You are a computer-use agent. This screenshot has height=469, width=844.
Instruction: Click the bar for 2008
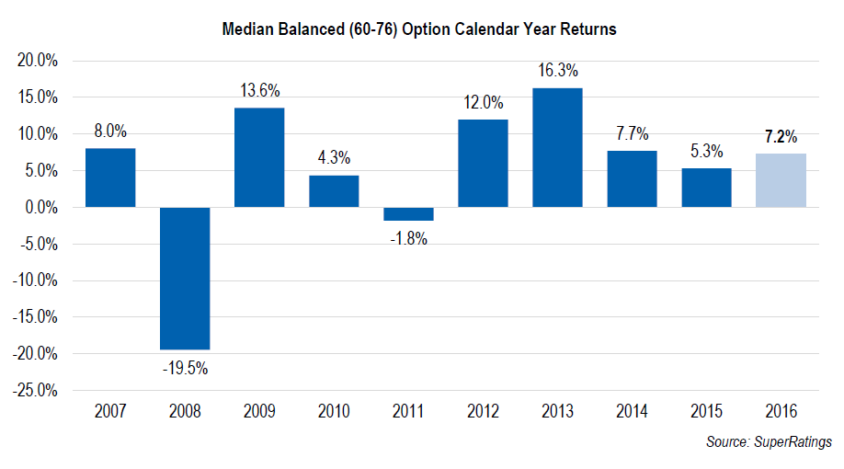tap(185, 279)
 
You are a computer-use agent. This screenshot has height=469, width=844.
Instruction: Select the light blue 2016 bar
tap(781, 180)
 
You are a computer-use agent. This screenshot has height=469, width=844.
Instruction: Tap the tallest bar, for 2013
tap(557, 148)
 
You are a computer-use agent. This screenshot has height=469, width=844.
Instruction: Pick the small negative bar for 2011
tap(408, 214)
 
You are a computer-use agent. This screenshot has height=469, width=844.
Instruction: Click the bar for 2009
tap(259, 157)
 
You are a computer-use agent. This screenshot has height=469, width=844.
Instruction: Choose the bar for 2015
tap(706, 188)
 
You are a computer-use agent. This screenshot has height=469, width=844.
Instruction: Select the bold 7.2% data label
tap(781, 137)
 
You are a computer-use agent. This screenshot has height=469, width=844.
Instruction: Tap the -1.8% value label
tap(408, 239)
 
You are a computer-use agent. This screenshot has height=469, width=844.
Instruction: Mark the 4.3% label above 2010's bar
tap(334, 158)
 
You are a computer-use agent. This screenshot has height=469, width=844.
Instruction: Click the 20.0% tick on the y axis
tap(38, 61)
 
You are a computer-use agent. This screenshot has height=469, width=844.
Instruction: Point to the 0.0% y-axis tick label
tap(41, 208)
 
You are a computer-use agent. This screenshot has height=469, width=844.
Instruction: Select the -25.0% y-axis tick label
tap(36, 391)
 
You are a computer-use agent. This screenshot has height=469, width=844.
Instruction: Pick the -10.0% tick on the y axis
tap(36, 280)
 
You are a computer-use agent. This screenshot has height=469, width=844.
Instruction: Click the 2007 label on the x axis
tap(110, 410)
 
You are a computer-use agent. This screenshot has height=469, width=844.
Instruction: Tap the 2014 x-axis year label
tap(632, 410)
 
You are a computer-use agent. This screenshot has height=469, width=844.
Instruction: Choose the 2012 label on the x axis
tap(483, 410)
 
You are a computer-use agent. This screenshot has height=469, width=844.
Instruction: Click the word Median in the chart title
tap(249, 29)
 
